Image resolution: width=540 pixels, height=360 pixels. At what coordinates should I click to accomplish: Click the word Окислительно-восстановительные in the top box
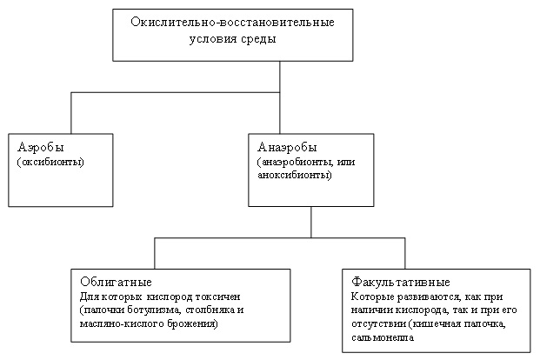click(x=232, y=23)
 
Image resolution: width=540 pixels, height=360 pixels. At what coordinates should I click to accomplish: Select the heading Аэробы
click(x=41, y=148)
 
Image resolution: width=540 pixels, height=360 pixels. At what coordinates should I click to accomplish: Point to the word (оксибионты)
click(x=50, y=162)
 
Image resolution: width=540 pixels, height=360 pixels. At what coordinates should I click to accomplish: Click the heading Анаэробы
click(x=287, y=148)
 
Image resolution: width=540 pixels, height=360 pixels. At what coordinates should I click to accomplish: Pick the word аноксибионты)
click(x=295, y=175)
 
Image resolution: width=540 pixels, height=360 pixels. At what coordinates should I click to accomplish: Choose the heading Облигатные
click(x=116, y=282)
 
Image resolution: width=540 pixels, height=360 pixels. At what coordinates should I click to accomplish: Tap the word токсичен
click(x=217, y=297)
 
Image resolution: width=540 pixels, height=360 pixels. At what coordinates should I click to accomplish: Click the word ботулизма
click(x=154, y=310)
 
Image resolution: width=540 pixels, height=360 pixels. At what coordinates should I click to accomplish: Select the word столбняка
click(x=210, y=310)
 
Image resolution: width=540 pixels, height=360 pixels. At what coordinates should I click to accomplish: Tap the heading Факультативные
click(x=401, y=282)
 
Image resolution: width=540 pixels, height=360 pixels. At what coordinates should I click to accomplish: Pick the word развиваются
click(x=430, y=297)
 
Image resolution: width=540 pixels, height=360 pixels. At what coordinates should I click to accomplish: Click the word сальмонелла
click(x=383, y=337)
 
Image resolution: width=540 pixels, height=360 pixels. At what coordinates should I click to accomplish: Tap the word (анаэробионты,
click(x=295, y=162)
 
